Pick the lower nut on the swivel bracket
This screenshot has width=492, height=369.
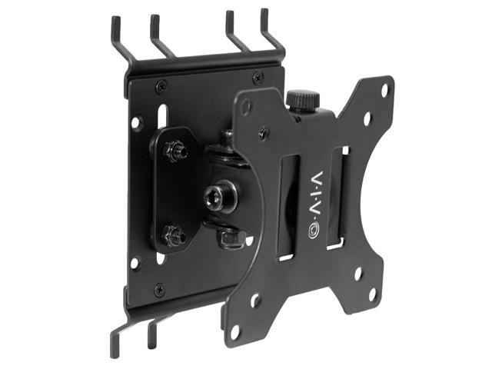174,235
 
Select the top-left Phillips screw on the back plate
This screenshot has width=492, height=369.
161,86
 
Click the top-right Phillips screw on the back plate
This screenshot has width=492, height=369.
258,78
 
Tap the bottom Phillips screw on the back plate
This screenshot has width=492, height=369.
159,290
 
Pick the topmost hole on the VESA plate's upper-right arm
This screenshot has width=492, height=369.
384,90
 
